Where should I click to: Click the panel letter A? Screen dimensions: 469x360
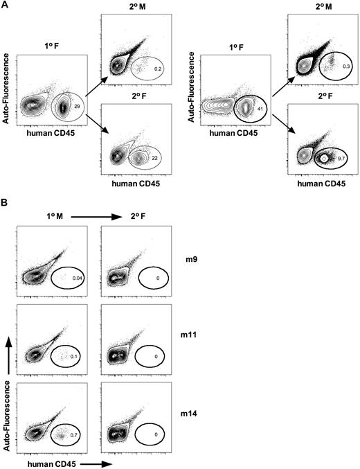[5, 5]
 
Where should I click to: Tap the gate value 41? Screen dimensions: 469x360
[260, 108]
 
